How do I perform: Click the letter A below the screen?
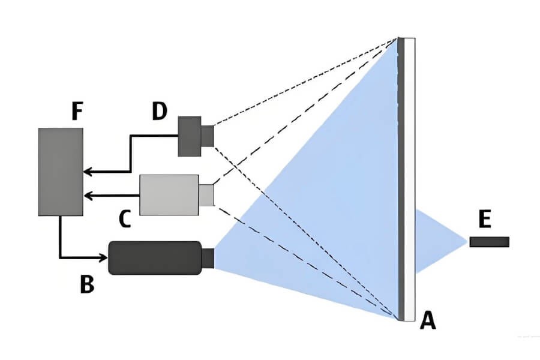(x=427, y=322)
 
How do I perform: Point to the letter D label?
(x=159, y=112)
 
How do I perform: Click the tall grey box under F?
(x=61, y=172)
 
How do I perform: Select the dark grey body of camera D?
(x=190, y=136)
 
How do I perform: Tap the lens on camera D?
(x=208, y=136)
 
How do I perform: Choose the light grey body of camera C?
(x=169, y=194)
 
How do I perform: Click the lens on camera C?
(x=206, y=195)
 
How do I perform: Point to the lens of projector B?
(x=208, y=258)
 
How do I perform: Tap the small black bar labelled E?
(x=489, y=242)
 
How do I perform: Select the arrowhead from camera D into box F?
(x=88, y=172)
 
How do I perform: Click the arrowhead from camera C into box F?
(x=88, y=195)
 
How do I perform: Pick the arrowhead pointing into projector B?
(x=103, y=258)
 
